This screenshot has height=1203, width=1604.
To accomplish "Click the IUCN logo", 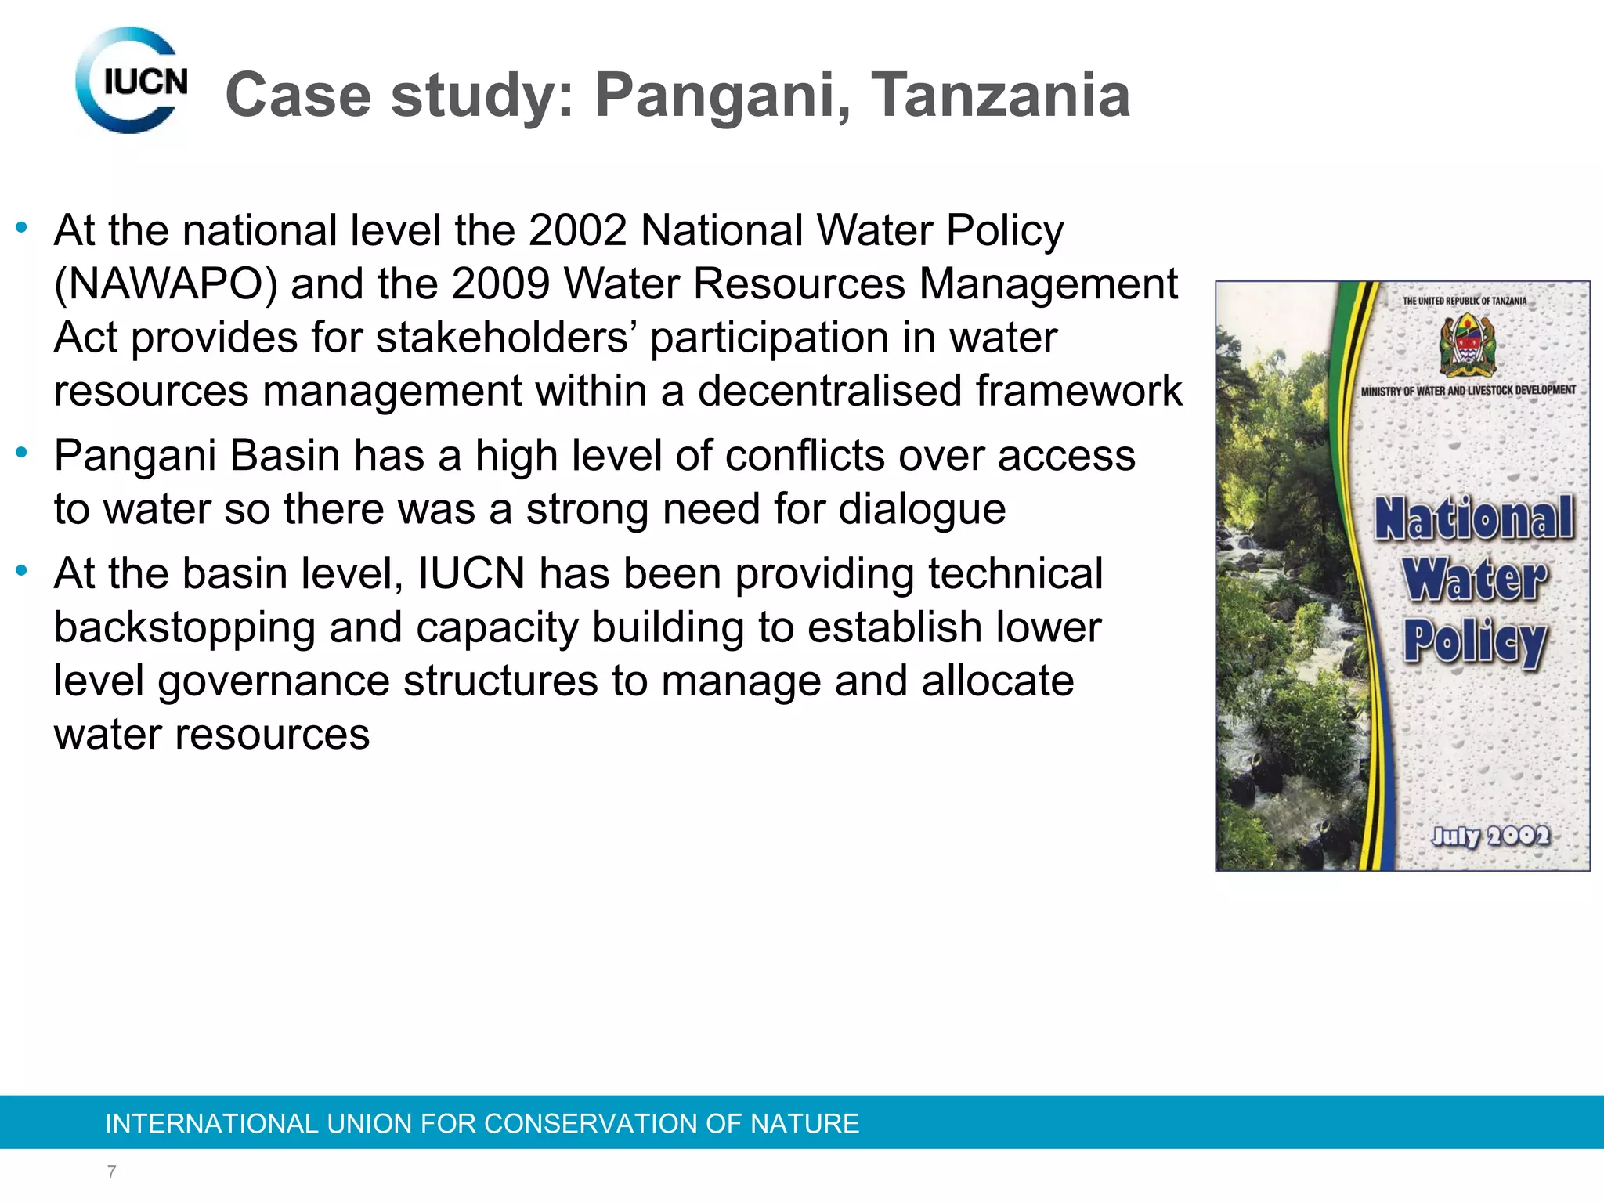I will [132, 81].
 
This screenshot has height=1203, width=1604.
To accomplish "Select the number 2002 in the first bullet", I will [577, 231].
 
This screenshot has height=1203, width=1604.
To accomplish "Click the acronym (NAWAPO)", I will [165, 284].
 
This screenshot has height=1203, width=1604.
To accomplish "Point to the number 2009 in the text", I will [500, 284].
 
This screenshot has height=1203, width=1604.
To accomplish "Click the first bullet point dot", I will [22, 228].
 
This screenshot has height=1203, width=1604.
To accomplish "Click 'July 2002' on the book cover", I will [1490, 836].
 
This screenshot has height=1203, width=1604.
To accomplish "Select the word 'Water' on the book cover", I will [1475, 580].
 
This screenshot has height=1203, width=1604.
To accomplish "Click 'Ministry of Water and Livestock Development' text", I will [1468, 390].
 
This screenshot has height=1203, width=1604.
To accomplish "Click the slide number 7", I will [112, 1172].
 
